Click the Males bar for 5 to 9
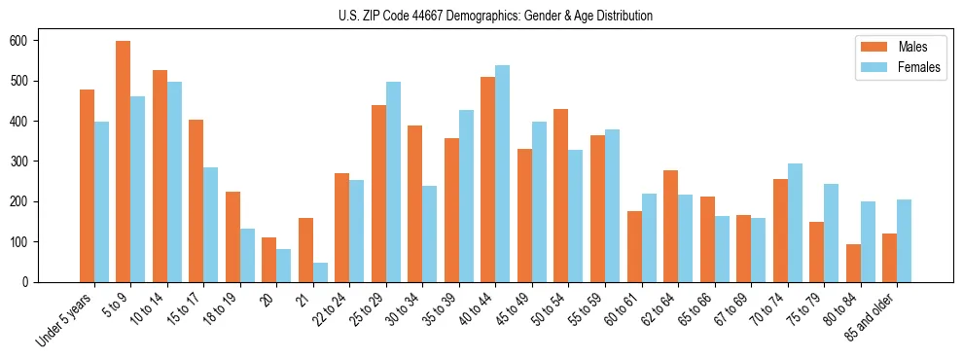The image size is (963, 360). (x=124, y=162)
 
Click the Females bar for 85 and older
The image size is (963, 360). (x=904, y=240)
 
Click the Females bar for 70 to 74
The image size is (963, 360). (x=795, y=223)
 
